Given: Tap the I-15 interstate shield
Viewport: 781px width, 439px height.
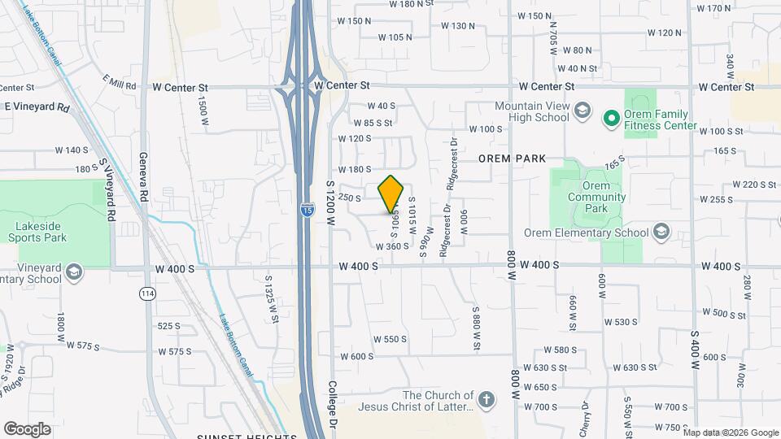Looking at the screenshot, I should (306, 211).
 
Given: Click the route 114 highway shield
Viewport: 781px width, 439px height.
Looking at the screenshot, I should (146, 293).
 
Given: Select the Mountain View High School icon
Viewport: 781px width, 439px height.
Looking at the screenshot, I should (582, 111).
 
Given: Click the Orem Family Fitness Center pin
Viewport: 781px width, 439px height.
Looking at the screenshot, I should (612, 120).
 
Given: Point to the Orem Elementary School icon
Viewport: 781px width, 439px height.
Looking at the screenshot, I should (661, 233).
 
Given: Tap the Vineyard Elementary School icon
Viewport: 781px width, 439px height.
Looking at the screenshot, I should (74, 271).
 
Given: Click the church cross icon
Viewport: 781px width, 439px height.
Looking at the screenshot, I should (486, 399).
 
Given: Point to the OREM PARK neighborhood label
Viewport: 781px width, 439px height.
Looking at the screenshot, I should (512, 158).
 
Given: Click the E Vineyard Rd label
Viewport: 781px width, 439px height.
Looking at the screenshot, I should (37, 106).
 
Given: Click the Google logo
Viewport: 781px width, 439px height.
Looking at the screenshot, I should (27, 429).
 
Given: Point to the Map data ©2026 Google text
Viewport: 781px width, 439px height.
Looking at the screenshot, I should (731, 432).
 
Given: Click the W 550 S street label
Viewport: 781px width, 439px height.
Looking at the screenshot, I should (390, 339).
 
